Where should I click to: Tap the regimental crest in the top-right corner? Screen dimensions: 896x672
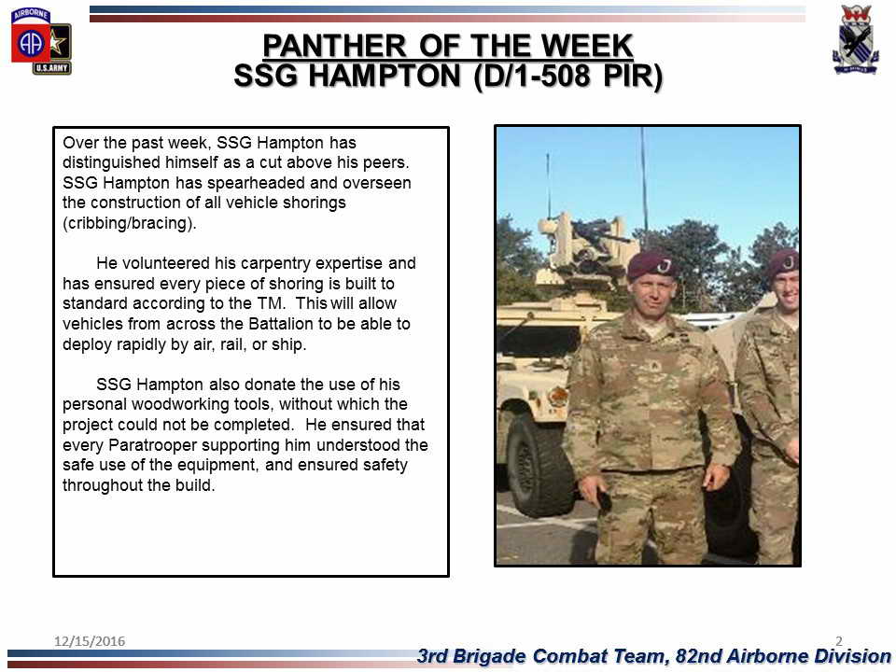[855, 40]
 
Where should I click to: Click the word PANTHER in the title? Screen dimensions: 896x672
[334, 46]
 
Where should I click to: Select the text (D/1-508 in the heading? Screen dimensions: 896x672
[535, 76]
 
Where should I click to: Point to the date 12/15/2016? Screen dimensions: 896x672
[90, 641]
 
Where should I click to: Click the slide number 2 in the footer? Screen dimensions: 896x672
[839, 640]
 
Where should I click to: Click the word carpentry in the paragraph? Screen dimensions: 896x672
[271, 263]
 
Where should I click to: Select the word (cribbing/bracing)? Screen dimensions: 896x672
[129, 223]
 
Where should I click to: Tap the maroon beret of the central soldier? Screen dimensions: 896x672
[652, 265]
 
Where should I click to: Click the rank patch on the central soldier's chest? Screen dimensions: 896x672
[655, 366]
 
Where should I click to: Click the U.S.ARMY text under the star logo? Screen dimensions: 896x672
[52, 68]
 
